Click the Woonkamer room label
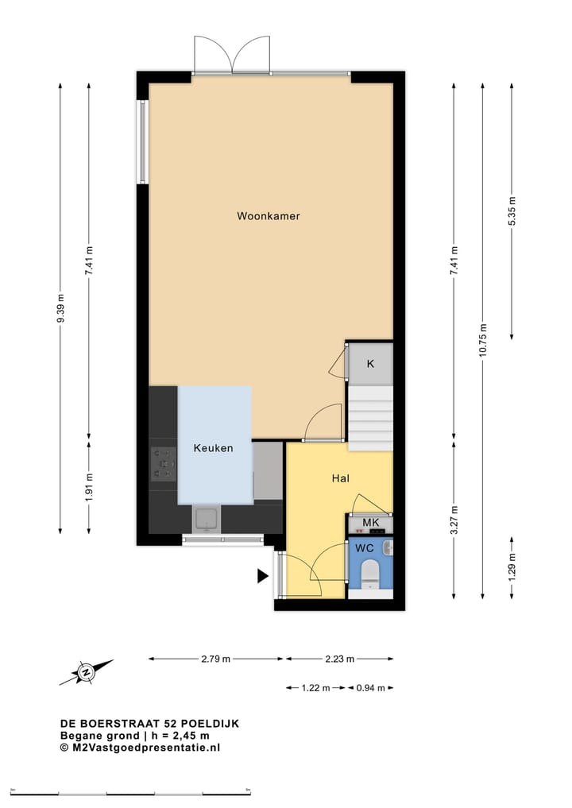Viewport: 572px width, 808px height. point(269,216)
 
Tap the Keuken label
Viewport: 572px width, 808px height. point(213,448)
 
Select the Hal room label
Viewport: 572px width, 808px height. point(342,478)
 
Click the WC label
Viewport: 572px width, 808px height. point(365,549)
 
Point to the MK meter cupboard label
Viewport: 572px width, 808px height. point(370,522)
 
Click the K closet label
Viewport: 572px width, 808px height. point(370,364)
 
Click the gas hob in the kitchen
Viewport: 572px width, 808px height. point(164,464)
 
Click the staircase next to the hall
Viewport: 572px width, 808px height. point(371,418)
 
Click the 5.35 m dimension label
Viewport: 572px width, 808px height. point(511,211)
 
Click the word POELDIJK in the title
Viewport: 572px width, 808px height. point(210,724)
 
